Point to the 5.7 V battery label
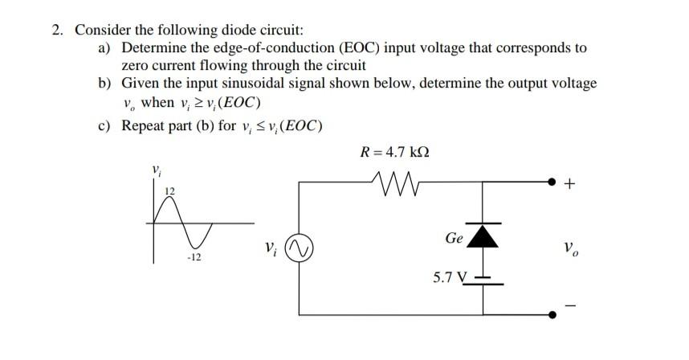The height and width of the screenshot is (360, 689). [449, 279]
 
